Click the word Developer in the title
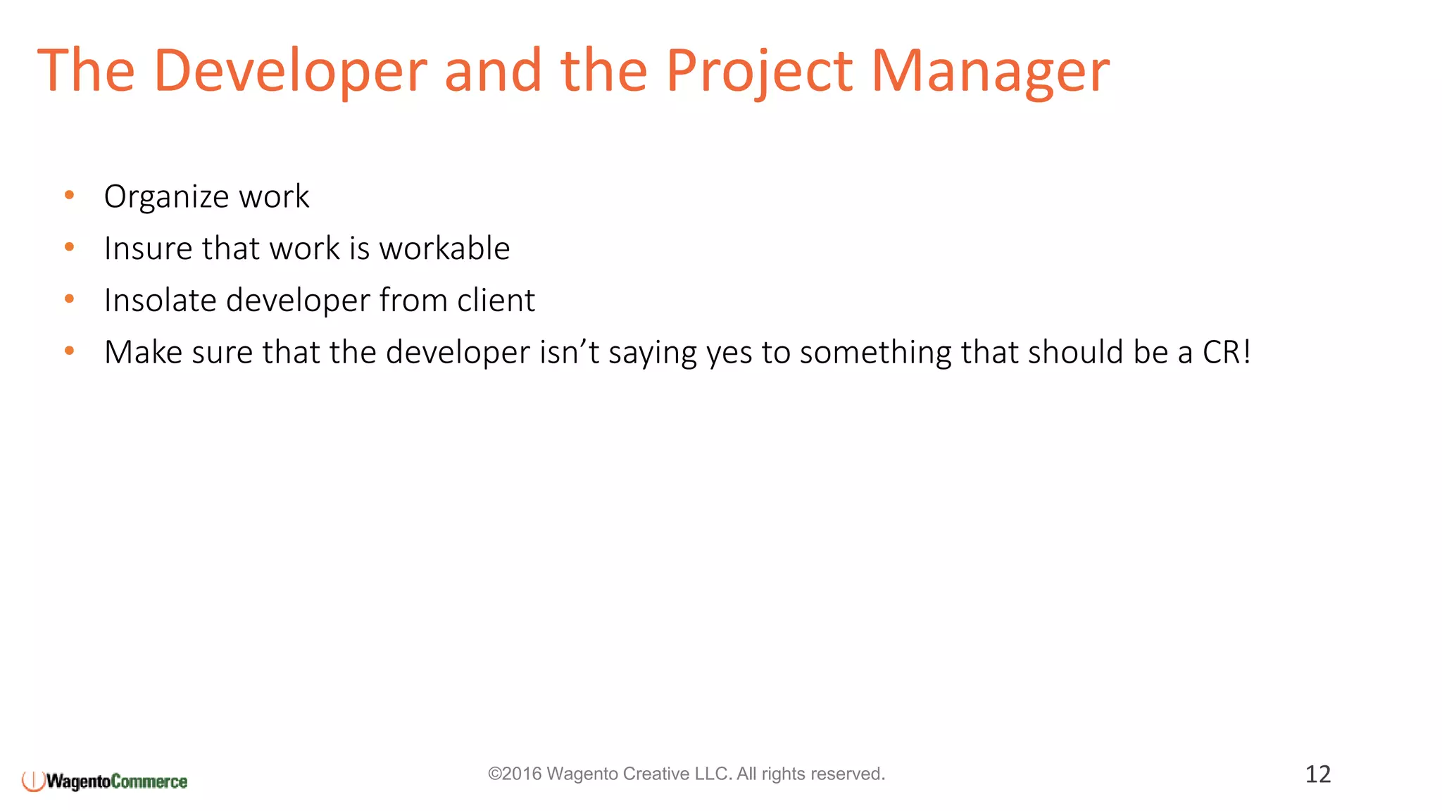point(290,70)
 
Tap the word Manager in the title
point(990,70)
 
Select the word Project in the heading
point(760,70)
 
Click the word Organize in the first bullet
point(166,196)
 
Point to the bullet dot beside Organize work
point(69,194)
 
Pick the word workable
point(444,249)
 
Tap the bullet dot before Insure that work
point(69,246)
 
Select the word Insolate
point(160,301)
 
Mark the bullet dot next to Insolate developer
point(69,298)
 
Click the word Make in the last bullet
point(144,352)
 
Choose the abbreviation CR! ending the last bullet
point(1227,352)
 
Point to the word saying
point(653,352)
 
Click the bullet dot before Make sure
point(69,351)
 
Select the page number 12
point(1318,774)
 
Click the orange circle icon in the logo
point(33,780)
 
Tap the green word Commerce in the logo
point(149,781)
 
